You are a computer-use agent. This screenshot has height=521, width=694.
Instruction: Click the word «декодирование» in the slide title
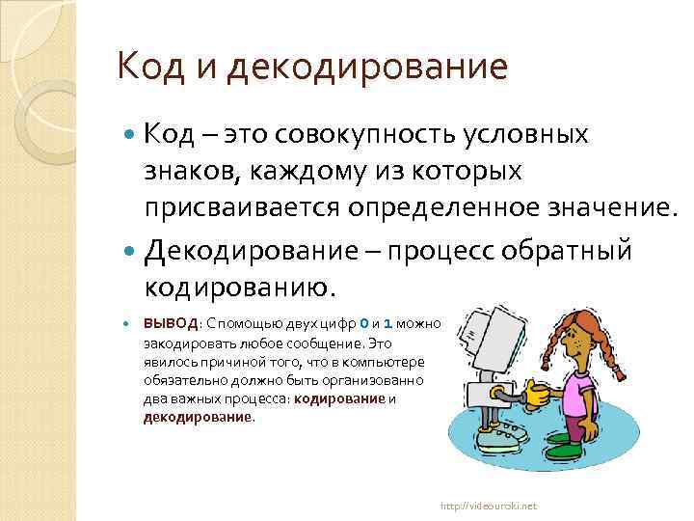click(369, 68)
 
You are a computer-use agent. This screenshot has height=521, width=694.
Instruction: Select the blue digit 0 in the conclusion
click(363, 323)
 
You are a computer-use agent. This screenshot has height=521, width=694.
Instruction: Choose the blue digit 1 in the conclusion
click(387, 323)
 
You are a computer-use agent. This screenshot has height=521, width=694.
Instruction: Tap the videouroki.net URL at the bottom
click(489, 506)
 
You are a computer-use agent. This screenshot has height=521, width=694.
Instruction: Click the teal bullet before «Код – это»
click(132, 135)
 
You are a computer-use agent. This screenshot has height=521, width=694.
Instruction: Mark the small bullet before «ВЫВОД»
click(132, 324)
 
